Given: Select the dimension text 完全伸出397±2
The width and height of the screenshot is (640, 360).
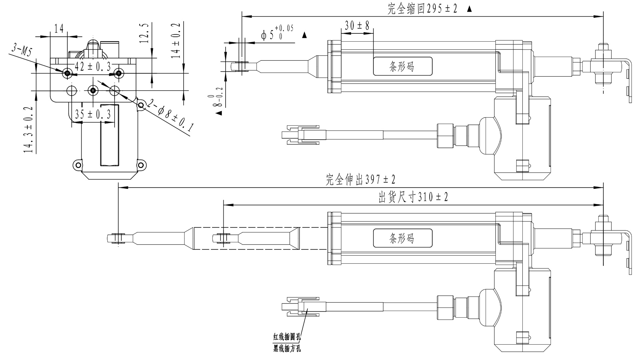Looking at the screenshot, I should pos(360,180).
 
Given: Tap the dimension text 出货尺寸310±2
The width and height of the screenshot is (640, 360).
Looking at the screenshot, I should pos(413,197).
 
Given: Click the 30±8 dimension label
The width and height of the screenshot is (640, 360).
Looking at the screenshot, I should pos(357,26).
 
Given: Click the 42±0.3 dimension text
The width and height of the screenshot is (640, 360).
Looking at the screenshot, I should pos(93,67).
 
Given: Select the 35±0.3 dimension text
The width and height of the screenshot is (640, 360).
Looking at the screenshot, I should pos(93,115).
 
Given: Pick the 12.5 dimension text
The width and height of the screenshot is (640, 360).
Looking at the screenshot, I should pos(144,33).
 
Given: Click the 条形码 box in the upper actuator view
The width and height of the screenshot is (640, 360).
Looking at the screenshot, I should pos(402,66).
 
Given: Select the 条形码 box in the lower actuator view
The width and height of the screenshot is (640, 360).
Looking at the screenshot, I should pos(402,238).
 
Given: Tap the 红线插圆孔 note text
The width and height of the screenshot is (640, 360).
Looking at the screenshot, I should pos(287,337).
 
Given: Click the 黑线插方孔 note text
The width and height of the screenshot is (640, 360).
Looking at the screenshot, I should pos(287,349).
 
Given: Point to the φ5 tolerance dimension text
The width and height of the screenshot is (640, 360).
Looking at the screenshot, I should pos(277,33).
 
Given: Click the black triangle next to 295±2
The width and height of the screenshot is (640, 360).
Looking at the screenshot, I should pos(469,9).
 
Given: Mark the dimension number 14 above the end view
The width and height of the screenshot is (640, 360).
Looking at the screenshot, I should pos(59,29).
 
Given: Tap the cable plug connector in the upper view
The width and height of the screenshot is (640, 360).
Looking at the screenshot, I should pos(302,135).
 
